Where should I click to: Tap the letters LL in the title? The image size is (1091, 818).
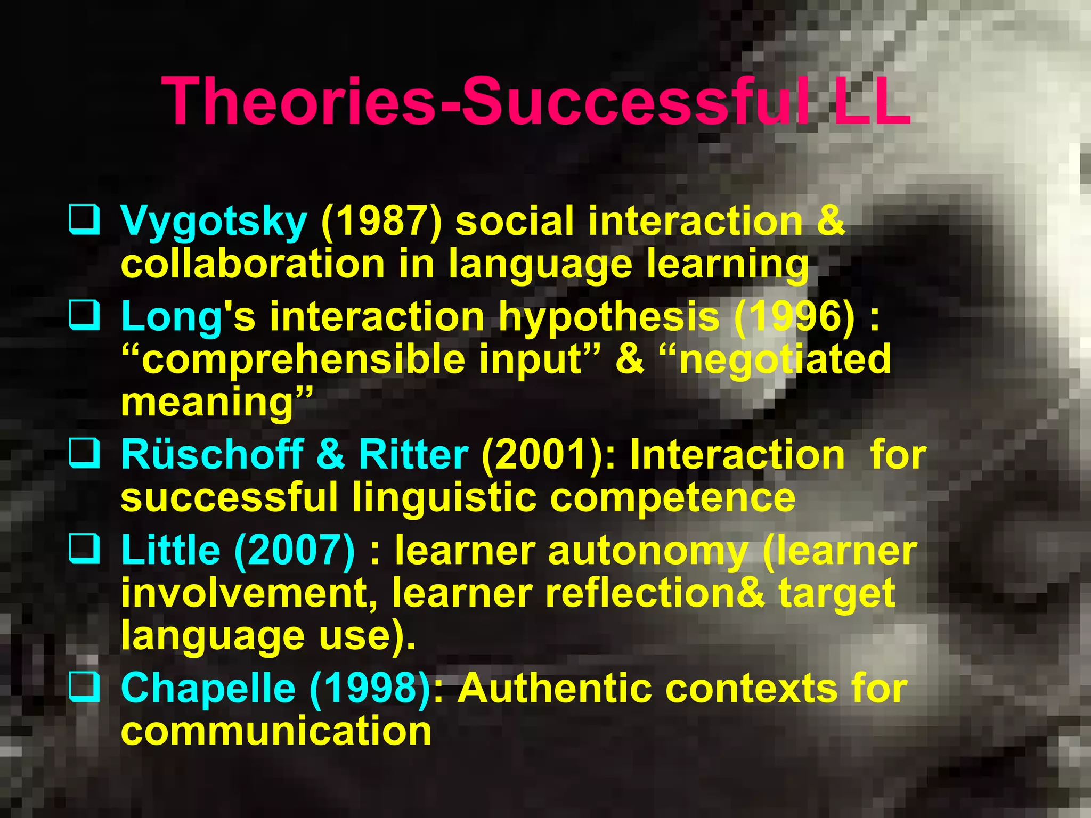coord(871,101)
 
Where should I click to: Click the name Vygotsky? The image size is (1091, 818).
coord(214,222)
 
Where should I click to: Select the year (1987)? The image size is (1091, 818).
coord(381,222)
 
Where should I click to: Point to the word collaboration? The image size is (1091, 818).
coord(253,264)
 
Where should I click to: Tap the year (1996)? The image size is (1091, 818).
coord(794,317)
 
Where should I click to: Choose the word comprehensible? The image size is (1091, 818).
coord(303,360)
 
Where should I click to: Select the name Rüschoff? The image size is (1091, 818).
coord(212,455)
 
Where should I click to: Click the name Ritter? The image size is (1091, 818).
coord(413,455)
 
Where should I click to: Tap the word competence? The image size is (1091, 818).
coord(672,497)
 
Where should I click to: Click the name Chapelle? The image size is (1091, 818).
coord(208,688)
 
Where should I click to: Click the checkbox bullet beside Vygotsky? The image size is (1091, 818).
coord(84,219)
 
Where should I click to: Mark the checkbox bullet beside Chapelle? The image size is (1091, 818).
coord(84,686)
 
